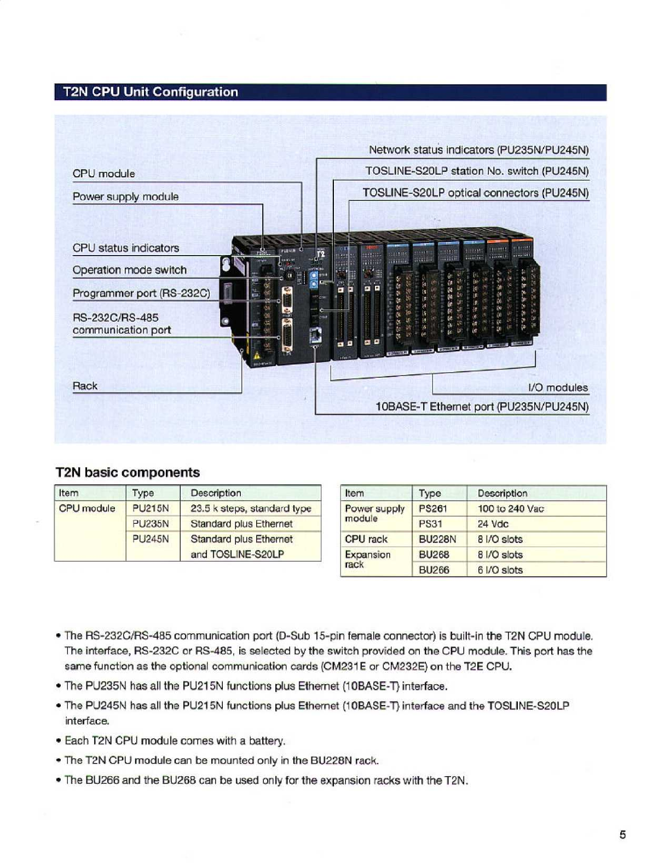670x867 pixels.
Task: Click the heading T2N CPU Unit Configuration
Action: (151, 92)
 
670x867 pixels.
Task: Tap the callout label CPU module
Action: (103, 174)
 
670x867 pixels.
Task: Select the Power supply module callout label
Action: (125, 196)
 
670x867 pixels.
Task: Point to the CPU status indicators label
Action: (125, 248)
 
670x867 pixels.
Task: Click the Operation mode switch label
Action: (129, 270)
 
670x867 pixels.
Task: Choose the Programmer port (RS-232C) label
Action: (141, 293)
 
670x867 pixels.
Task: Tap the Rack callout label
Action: (85, 386)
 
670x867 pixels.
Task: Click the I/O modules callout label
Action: (558, 388)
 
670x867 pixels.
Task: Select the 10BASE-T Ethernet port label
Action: (482, 407)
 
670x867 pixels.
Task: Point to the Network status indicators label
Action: (478, 150)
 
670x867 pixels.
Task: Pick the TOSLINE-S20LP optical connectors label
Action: (475, 193)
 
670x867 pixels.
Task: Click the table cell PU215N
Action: (151, 508)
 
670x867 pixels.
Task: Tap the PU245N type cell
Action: (151, 539)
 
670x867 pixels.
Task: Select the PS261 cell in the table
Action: (433, 508)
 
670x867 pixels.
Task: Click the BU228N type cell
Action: (437, 539)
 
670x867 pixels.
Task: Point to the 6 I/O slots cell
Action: (500, 570)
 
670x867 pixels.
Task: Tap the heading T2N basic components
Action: (128, 472)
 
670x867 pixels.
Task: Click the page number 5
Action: (622, 835)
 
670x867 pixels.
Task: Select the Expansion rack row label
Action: (367, 559)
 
